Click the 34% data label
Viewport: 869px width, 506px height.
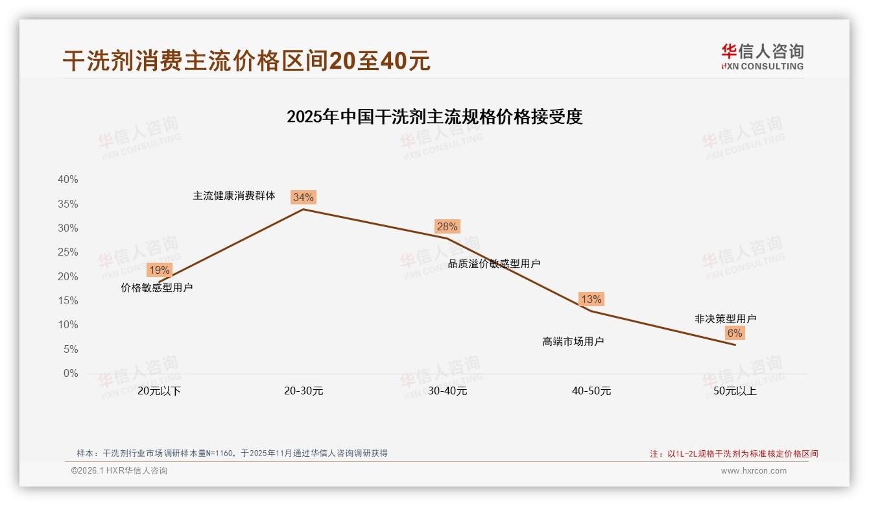[303, 197]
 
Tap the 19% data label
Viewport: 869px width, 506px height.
[159, 270]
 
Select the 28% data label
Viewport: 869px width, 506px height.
[447, 226]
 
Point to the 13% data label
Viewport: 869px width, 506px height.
[591, 299]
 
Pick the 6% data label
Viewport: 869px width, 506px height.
[734, 333]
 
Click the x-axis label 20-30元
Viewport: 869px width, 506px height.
[304, 391]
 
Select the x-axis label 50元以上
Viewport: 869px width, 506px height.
[735, 391]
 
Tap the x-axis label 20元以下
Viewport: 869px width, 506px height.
[159, 391]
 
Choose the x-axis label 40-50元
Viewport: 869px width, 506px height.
[591, 391]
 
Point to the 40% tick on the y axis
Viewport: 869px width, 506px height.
[68, 180]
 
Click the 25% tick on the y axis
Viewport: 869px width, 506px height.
[68, 252]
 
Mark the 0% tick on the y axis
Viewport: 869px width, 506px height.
[71, 373]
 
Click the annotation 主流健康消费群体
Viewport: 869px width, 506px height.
[234, 195]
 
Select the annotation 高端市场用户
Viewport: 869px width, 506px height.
[573, 341]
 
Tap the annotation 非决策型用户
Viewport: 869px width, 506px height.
[725, 319]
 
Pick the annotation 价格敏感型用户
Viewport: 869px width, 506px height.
[157, 287]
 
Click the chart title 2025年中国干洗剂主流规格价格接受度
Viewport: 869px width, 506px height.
[434, 117]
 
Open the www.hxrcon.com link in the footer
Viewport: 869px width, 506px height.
[754, 471]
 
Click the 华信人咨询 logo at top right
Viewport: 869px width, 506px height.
[762, 56]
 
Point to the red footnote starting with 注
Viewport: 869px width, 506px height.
[734, 453]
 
